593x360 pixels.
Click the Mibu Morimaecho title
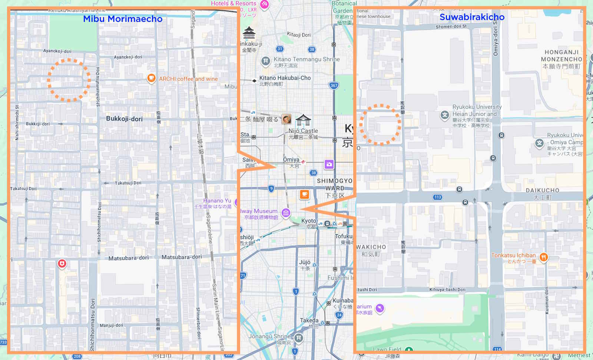[x=123, y=19]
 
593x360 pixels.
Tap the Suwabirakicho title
[x=472, y=17]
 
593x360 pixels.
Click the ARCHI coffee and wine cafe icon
[x=151, y=78]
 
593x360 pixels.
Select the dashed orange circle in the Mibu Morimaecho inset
[x=69, y=79]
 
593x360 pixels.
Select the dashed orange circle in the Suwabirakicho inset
[x=380, y=124]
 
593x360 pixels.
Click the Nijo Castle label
[x=303, y=131]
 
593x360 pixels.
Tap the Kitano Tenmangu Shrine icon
[x=265, y=61]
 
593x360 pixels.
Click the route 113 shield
[x=437, y=197]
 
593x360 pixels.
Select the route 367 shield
[x=334, y=86]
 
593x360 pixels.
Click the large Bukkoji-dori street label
[x=124, y=119]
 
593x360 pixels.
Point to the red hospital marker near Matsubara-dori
[x=62, y=264]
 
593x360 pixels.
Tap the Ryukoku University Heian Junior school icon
[x=444, y=115]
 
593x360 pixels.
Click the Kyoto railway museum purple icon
[x=286, y=213]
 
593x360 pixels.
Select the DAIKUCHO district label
[x=542, y=190]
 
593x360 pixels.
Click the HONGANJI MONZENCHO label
[x=561, y=56]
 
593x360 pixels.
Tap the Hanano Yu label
[x=217, y=201]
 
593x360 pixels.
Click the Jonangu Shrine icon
[x=299, y=338]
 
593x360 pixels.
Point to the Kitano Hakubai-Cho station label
[x=285, y=78]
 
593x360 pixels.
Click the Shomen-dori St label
[x=451, y=27]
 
